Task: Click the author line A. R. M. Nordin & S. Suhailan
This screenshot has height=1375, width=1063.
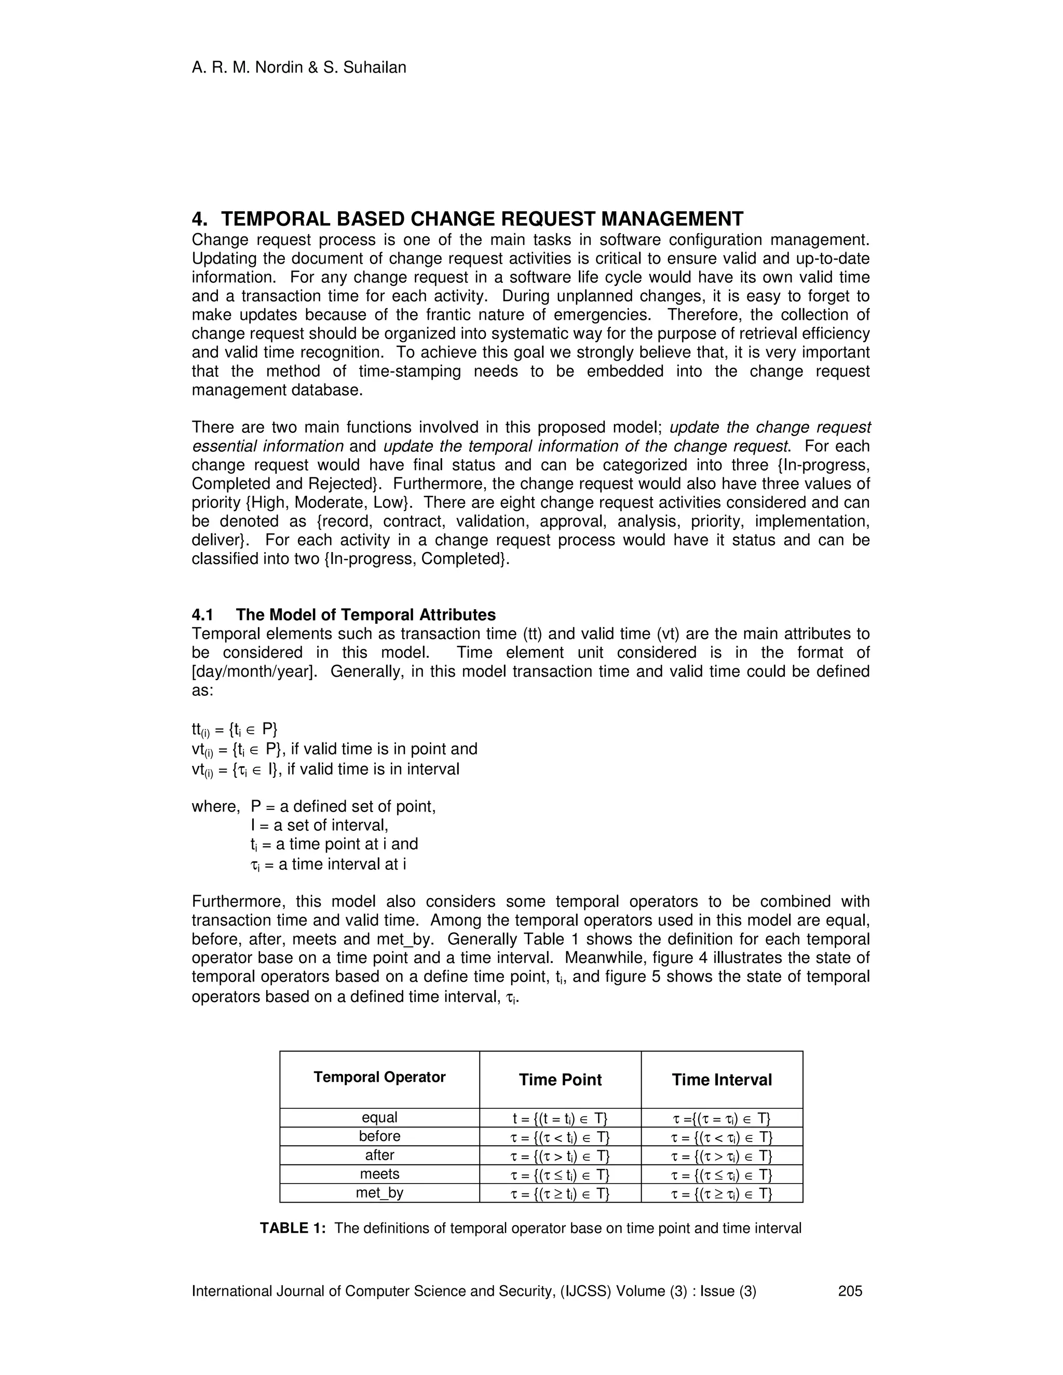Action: click(298, 67)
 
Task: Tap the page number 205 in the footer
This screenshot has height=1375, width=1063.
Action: click(850, 1291)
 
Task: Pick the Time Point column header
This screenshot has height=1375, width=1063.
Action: click(560, 1080)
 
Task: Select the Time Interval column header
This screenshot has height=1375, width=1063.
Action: click(721, 1080)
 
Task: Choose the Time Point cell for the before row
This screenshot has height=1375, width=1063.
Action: click(560, 1137)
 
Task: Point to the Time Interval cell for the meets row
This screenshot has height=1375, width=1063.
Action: click(721, 1175)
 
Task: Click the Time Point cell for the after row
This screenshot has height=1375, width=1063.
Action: click(560, 1156)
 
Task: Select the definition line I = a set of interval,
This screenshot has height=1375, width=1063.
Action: click(319, 825)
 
